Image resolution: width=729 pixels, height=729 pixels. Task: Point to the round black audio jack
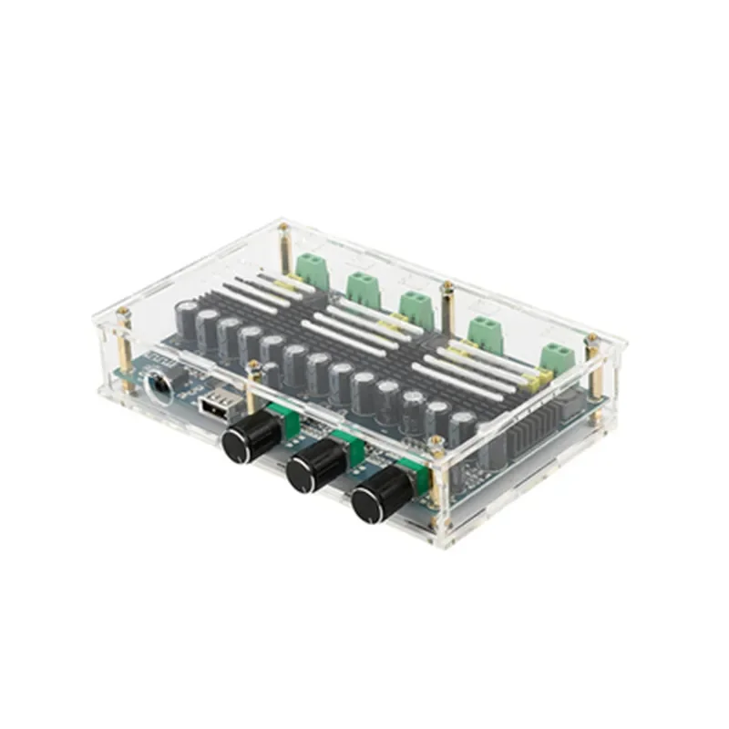pyautogui.click(x=157, y=382)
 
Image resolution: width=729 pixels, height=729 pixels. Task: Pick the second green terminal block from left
pyautogui.click(x=362, y=284)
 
